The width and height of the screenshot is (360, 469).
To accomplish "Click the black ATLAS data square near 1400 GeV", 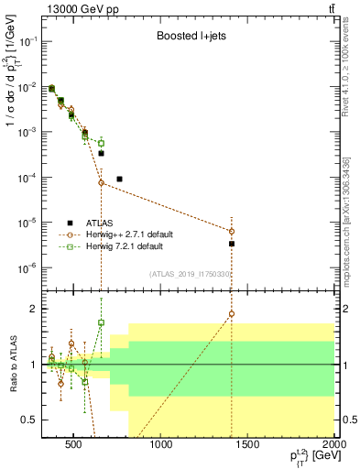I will (232, 244).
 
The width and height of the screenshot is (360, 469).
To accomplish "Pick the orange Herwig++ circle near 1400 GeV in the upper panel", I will (232, 231).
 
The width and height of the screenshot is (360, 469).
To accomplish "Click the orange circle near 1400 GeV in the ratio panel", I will (232, 314).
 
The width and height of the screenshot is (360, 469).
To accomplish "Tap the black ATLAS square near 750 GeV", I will (119, 179).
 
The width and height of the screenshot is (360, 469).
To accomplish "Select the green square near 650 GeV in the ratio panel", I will (101, 322).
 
